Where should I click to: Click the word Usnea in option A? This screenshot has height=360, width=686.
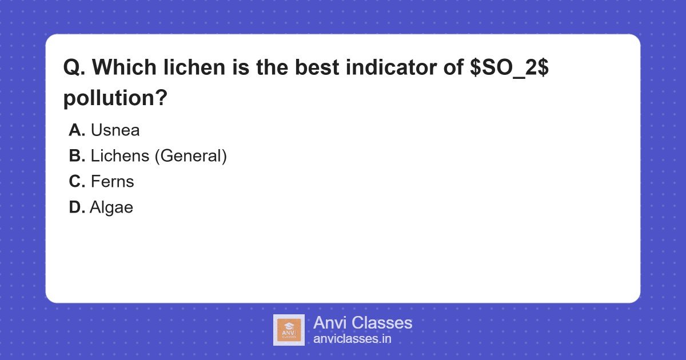tap(115, 130)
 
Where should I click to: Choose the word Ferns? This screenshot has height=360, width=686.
tap(112, 182)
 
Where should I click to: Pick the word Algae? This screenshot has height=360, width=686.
tap(111, 207)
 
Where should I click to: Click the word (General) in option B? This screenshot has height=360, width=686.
tap(191, 156)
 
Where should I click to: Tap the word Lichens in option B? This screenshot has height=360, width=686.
tap(120, 156)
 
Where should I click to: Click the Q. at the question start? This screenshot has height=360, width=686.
tap(74, 68)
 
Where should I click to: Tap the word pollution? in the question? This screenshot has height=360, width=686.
tap(115, 98)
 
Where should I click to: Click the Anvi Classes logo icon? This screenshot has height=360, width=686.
tap(289, 330)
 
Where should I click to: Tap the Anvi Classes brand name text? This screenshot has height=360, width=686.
tap(362, 323)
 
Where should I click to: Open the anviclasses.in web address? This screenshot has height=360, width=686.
tap(352, 339)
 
